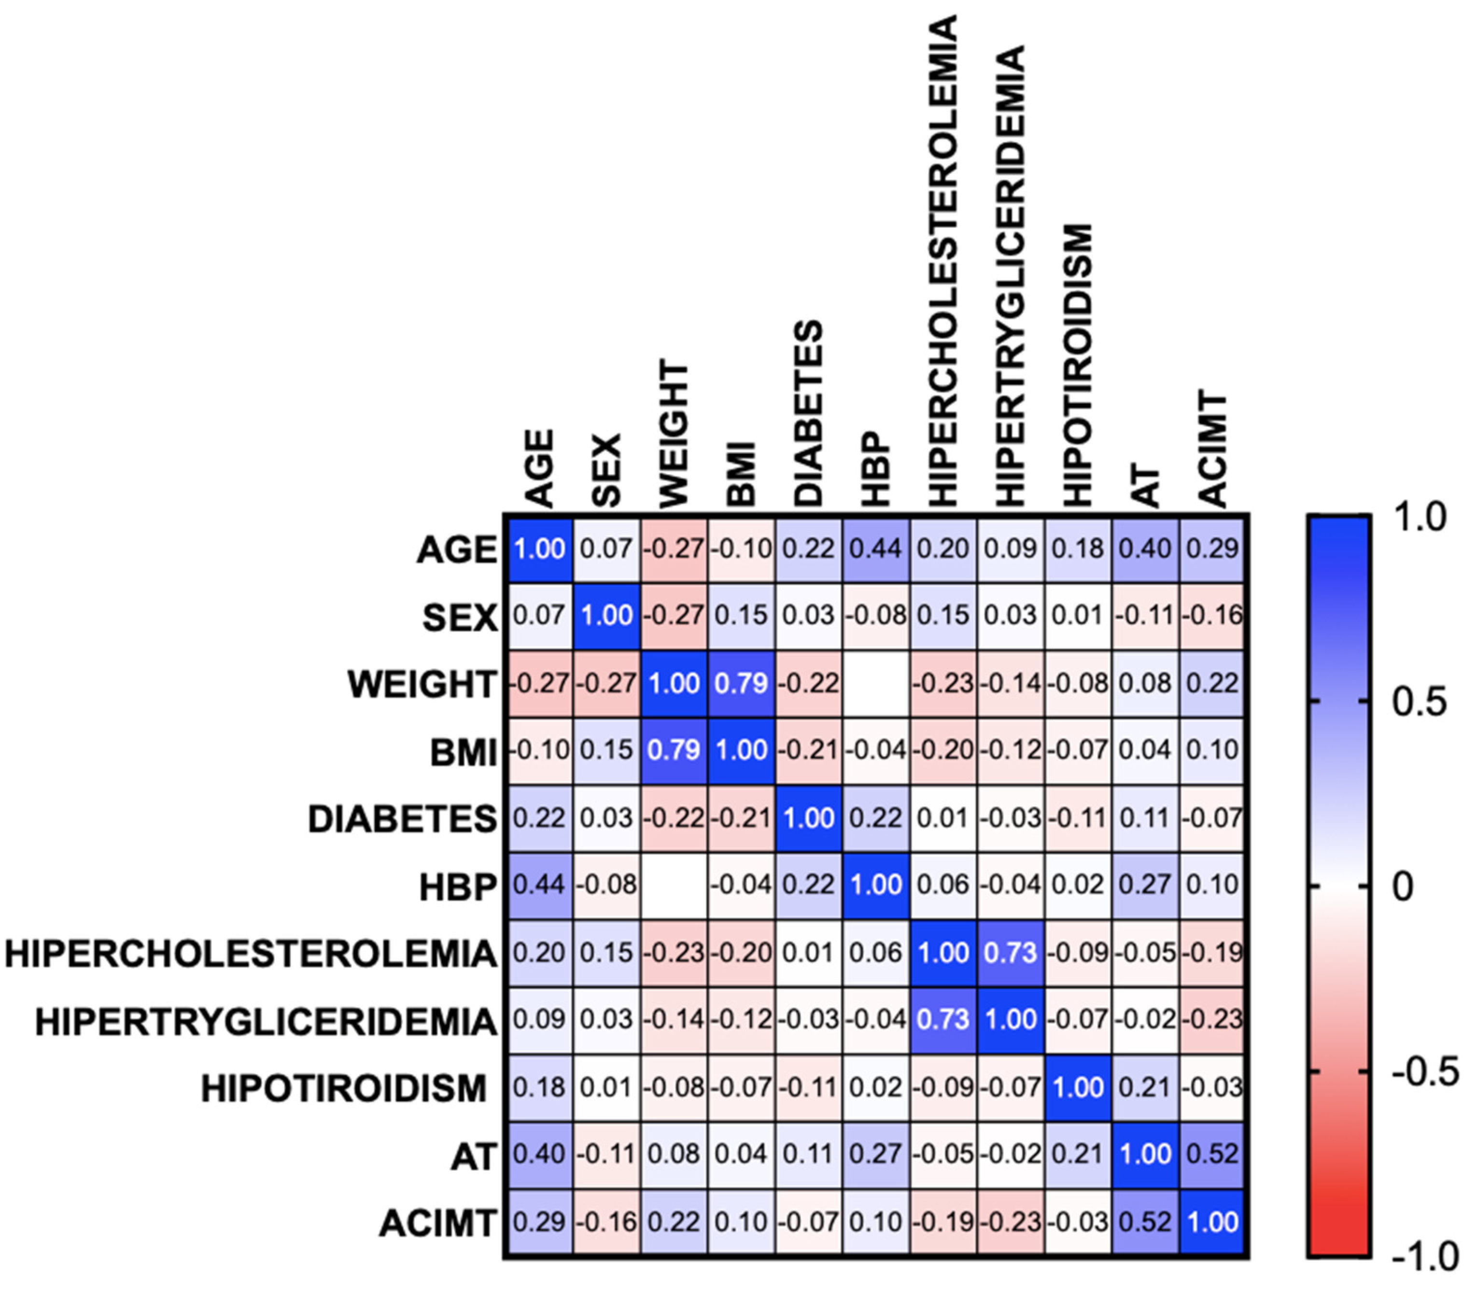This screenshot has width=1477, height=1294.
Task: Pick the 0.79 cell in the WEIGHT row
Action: click(741, 683)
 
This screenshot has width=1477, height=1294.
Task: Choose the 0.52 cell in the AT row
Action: click(1213, 1153)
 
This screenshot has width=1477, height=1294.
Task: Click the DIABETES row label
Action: click(402, 819)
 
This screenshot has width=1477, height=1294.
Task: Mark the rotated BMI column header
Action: click(741, 473)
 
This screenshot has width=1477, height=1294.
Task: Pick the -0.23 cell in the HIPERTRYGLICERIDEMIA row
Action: click(1213, 1019)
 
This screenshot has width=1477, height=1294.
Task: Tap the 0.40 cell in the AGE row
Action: click(1145, 549)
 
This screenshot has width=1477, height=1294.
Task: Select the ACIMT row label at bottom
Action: click(437, 1223)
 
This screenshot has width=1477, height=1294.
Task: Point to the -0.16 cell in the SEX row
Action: click(1213, 615)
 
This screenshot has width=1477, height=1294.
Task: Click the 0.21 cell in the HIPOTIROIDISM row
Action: click(1145, 1087)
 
